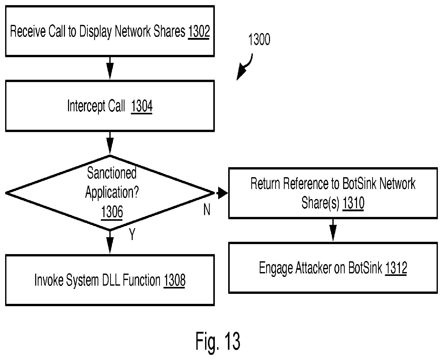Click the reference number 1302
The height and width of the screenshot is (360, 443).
point(199,32)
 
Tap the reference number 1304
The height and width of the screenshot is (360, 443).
point(142,106)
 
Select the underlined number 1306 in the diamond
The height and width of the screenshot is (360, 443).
point(112,212)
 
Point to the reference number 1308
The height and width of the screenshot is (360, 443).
point(174,280)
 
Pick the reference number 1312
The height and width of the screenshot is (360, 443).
point(396,268)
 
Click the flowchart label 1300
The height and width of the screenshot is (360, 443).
point(259,40)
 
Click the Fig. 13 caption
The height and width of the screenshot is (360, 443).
point(218,341)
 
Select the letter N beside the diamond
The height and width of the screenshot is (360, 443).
point(207,210)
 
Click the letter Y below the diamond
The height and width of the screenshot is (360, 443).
point(132,234)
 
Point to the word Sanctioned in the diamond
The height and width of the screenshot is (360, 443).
point(112,173)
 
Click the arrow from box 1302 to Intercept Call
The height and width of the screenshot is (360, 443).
point(110,68)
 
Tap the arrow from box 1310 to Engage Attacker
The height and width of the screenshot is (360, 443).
point(333,230)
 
